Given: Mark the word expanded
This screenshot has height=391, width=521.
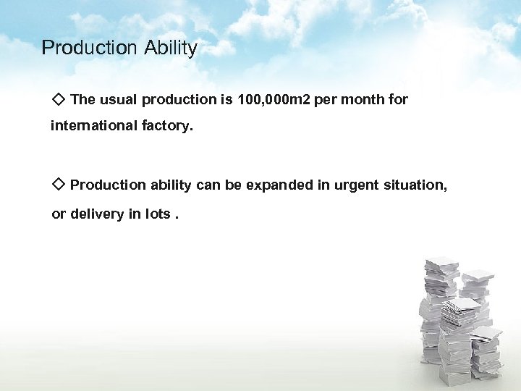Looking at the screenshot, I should (279, 185).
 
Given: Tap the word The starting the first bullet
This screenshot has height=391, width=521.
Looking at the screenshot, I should (83, 99).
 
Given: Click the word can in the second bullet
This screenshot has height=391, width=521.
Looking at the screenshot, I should (208, 185).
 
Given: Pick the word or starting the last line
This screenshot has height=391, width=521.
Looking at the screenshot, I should (59, 215).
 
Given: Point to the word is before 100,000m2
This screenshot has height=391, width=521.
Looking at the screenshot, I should (226, 99).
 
